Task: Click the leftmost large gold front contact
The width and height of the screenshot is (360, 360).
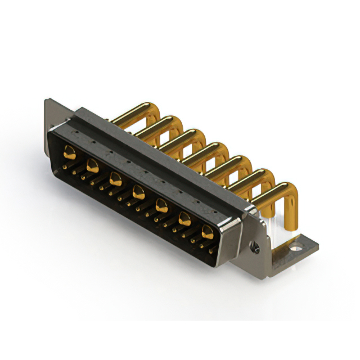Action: (70, 151)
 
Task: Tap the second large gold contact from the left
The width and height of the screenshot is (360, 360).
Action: (93, 165)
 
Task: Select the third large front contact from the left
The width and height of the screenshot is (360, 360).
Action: (116, 179)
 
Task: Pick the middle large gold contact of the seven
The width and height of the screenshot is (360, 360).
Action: (138, 193)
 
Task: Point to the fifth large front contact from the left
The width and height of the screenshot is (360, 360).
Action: (161, 206)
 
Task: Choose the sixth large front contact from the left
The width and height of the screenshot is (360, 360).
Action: (184, 219)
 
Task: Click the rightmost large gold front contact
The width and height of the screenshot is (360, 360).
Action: (208, 231)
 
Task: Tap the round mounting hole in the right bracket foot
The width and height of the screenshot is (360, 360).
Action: (296, 245)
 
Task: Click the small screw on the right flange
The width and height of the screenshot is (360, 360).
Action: (256, 246)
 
